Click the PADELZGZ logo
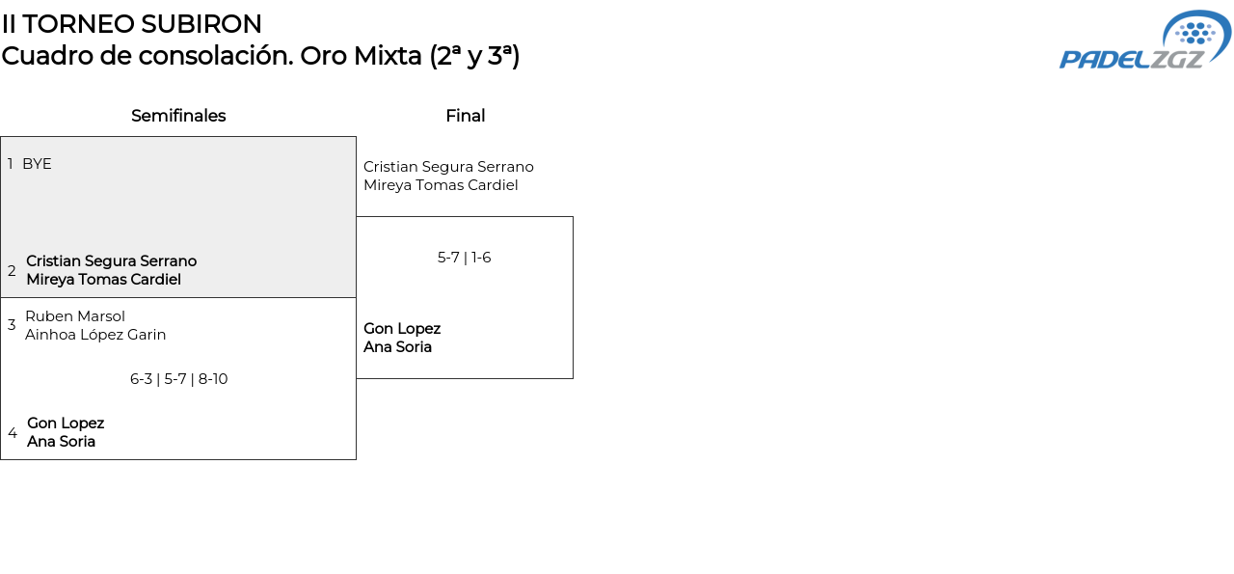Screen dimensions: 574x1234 click(x=1144, y=41)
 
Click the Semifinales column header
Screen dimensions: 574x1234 click(x=178, y=116)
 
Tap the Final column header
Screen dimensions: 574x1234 click(x=465, y=116)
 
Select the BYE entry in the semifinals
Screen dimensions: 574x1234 click(x=37, y=164)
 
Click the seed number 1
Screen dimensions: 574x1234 click(x=11, y=164)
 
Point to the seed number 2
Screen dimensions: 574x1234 click(x=12, y=271)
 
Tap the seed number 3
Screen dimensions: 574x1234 click(x=12, y=325)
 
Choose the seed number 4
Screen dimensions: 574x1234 click(x=13, y=433)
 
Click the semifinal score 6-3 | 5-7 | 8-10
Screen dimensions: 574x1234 click(x=178, y=379)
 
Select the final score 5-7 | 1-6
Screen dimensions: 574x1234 click(x=465, y=258)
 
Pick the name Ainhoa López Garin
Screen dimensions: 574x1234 click(x=95, y=335)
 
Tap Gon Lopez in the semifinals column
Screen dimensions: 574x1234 click(x=66, y=424)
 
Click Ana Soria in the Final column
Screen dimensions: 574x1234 click(x=397, y=347)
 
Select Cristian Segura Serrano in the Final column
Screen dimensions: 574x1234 click(x=448, y=167)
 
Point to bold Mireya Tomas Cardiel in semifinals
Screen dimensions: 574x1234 click(x=103, y=280)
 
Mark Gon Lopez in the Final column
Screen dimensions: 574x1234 click(x=402, y=329)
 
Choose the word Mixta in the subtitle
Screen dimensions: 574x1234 click(x=388, y=56)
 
